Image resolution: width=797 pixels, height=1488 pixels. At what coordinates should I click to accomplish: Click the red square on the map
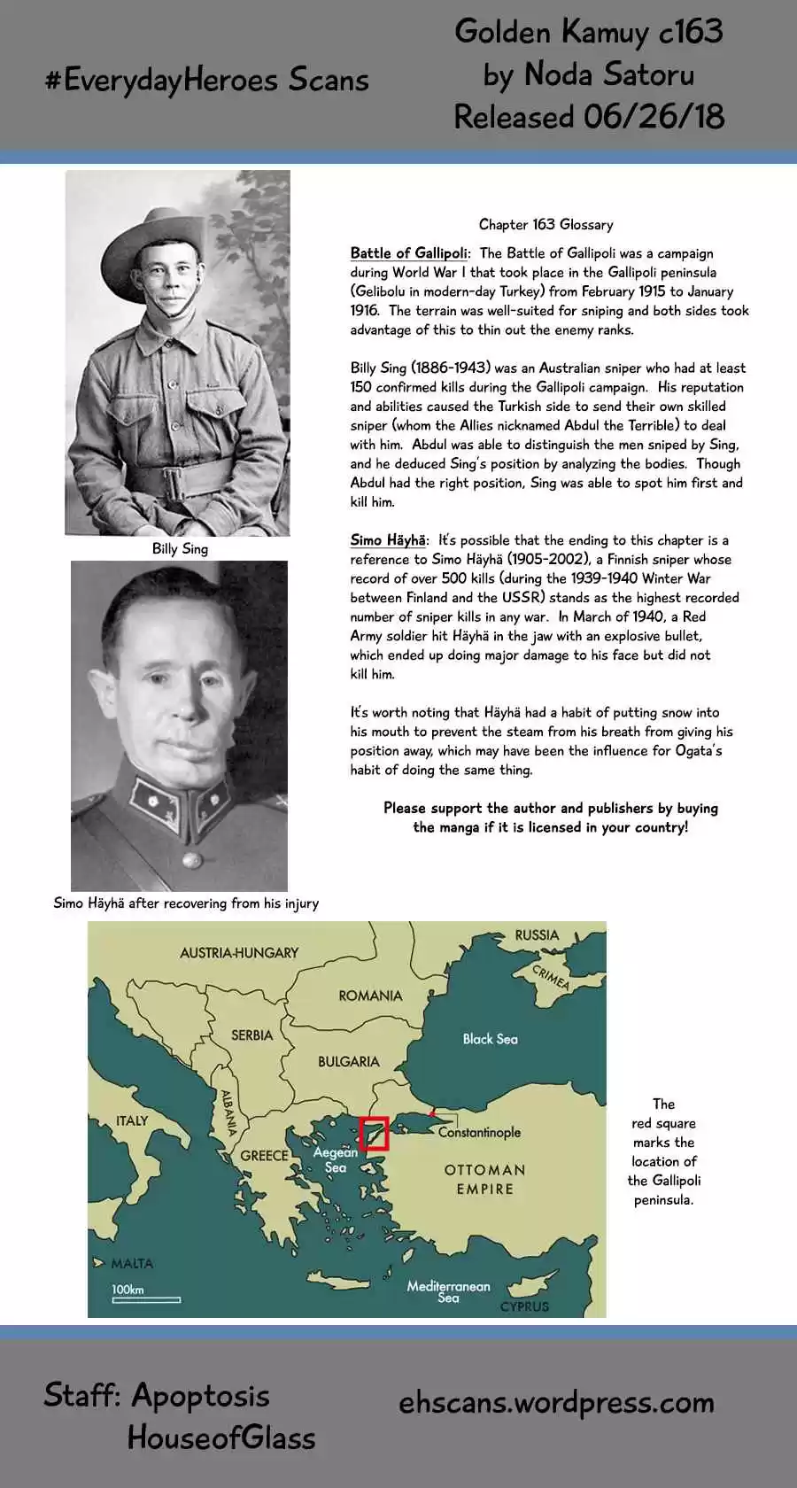pyautogui.click(x=375, y=1134)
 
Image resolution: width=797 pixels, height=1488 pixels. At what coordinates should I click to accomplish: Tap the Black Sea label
pyautogui.click(x=490, y=1039)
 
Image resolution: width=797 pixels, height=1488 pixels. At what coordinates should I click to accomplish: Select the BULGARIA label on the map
pyautogui.click(x=348, y=1061)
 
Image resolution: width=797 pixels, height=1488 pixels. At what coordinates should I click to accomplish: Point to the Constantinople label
pyautogui.click(x=479, y=1132)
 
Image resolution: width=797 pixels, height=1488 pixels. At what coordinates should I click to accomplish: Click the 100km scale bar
pyautogui.click(x=146, y=1299)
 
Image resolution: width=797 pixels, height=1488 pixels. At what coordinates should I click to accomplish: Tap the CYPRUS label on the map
pyautogui.click(x=524, y=1306)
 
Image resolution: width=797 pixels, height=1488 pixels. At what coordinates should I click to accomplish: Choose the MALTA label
pyautogui.click(x=132, y=1263)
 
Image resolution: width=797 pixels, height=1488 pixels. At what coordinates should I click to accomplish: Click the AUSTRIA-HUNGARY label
pyautogui.click(x=239, y=953)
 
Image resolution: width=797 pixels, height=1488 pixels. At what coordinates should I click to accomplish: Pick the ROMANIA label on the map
pyautogui.click(x=370, y=996)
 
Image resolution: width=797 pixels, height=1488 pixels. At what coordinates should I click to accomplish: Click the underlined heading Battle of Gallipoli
pyautogui.click(x=409, y=253)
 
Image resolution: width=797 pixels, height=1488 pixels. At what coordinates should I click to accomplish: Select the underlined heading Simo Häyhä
pyautogui.click(x=389, y=540)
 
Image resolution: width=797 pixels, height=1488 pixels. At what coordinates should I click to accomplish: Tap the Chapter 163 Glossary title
pyautogui.click(x=546, y=225)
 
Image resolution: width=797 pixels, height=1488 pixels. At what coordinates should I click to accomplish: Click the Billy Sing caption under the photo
pyautogui.click(x=180, y=549)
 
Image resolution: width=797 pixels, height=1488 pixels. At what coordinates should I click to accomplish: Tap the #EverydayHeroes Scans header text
pyautogui.click(x=206, y=81)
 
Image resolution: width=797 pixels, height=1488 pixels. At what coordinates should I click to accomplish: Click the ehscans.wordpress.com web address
pyautogui.click(x=556, y=1403)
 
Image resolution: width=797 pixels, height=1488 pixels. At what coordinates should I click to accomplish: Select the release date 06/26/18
pyautogui.click(x=653, y=117)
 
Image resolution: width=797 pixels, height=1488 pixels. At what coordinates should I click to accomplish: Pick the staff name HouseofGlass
pyautogui.click(x=221, y=1438)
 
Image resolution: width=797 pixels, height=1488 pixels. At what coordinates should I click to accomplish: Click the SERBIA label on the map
pyautogui.click(x=251, y=1035)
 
